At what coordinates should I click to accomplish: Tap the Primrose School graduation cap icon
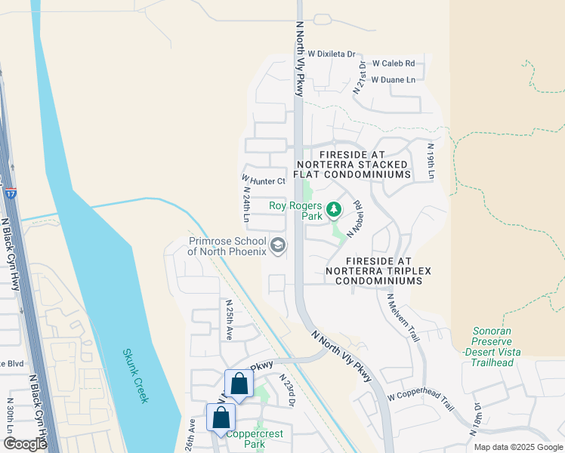pyautogui.click(x=278, y=245)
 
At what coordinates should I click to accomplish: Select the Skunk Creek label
pyautogui.click(x=136, y=375)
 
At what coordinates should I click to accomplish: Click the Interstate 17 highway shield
pyautogui.click(x=10, y=193)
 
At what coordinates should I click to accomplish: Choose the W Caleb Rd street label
pyautogui.click(x=393, y=63)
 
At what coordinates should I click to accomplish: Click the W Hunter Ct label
pyautogui.click(x=264, y=181)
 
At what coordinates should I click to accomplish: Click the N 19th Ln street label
pyautogui.click(x=431, y=161)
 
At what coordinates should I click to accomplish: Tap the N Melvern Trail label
pyautogui.click(x=403, y=318)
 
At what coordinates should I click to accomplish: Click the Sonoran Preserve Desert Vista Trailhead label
pyautogui.click(x=492, y=347)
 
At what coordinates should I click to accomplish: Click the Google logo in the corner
pyautogui.click(x=26, y=444)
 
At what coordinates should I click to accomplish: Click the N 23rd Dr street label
pyautogui.click(x=286, y=390)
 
